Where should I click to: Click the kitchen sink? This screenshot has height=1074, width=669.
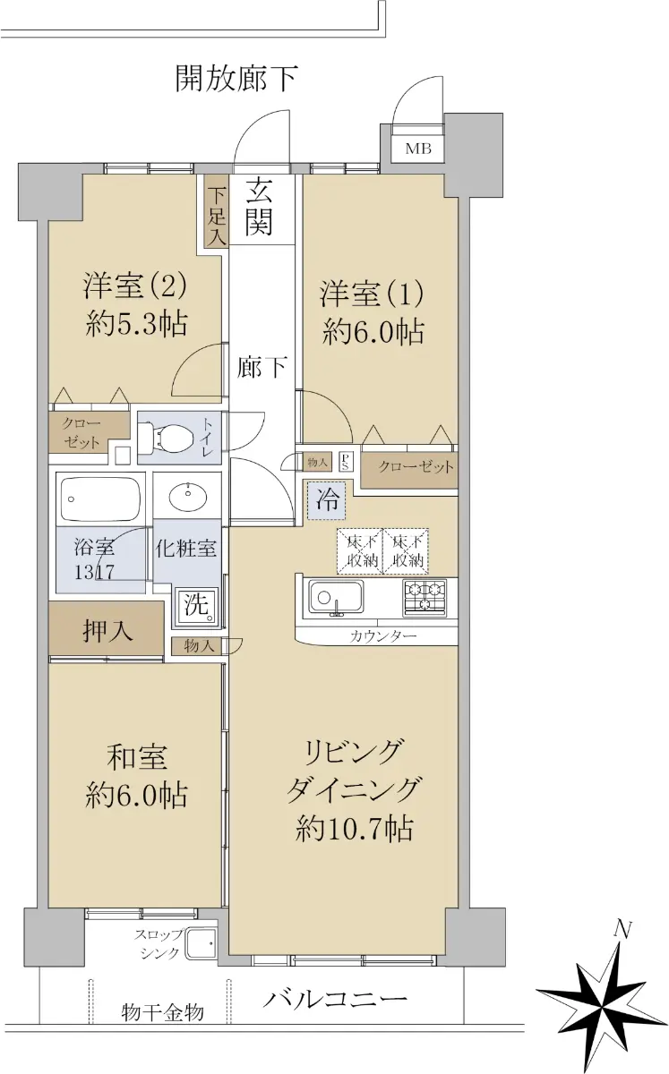point(336,597)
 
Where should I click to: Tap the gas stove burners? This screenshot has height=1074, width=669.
point(425,598)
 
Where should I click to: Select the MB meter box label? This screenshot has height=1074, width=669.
point(418,149)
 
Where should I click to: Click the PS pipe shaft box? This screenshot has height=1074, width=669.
point(345,461)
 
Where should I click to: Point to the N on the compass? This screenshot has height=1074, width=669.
point(623,931)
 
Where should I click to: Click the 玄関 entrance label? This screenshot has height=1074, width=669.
point(259,210)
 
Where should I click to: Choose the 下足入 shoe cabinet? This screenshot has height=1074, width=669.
point(217,212)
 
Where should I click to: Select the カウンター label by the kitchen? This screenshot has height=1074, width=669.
point(383,636)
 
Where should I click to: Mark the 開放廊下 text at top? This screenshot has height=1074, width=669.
point(236,78)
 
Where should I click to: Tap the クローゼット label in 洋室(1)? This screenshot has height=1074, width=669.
point(416,466)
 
